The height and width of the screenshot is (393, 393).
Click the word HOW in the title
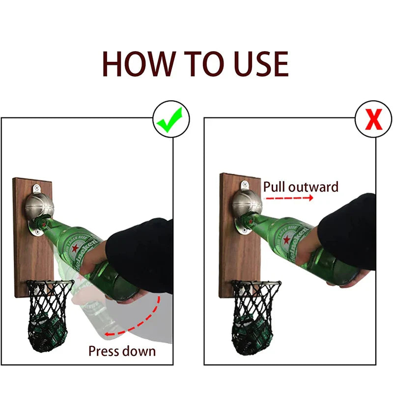(139, 64)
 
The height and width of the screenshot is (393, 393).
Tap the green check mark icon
(170, 121)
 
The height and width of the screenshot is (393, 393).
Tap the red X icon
(373, 121)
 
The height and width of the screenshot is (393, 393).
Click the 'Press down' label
(122, 351)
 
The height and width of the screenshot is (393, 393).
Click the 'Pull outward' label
(301, 187)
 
